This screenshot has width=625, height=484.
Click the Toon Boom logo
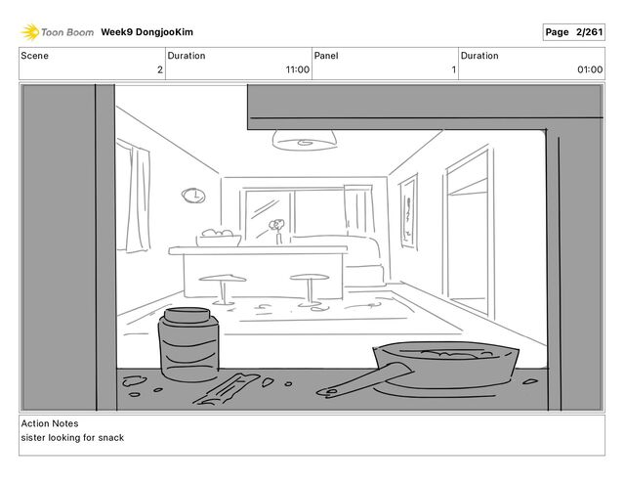(x=58, y=32)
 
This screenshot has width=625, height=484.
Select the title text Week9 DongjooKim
(x=152, y=32)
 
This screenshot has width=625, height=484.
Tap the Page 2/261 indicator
(x=573, y=32)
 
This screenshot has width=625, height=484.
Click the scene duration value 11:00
(x=297, y=69)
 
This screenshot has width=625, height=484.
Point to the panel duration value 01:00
(x=590, y=69)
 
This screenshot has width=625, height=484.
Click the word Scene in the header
(x=35, y=56)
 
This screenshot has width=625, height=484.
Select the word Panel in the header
(x=325, y=56)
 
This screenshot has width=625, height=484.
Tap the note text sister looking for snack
(x=72, y=437)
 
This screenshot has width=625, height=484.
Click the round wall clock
(x=193, y=196)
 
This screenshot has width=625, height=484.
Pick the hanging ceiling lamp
(x=303, y=140)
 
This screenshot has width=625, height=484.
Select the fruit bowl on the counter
(x=220, y=238)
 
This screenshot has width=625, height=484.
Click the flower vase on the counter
(x=279, y=233)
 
